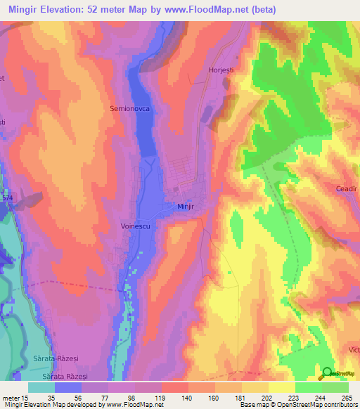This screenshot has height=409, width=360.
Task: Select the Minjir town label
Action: click(184, 207)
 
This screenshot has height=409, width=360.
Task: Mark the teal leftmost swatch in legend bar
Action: click(41, 387)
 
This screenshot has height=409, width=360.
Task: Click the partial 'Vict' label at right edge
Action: click(352, 349)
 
